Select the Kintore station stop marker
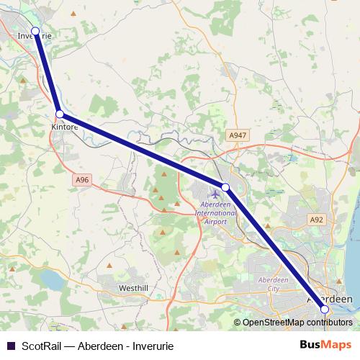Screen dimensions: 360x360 click(60, 114)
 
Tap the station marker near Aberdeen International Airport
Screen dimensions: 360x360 click(225, 187)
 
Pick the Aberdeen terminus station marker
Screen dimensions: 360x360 click(325, 309)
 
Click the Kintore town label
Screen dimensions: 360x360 click(64, 127)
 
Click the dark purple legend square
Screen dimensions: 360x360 click(9, 346)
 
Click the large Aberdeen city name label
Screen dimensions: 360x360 click(330, 299)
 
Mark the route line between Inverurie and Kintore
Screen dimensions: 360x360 click(48, 73)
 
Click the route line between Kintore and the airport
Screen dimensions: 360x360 click(143, 150)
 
